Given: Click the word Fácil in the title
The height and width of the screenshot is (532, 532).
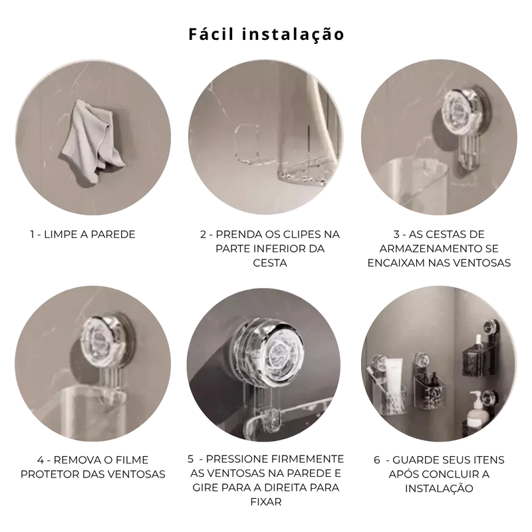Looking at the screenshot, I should [x=213, y=34].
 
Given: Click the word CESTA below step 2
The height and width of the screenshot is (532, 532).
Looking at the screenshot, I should [x=269, y=263].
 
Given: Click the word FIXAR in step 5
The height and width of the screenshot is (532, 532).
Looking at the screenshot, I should [x=266, y=502].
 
